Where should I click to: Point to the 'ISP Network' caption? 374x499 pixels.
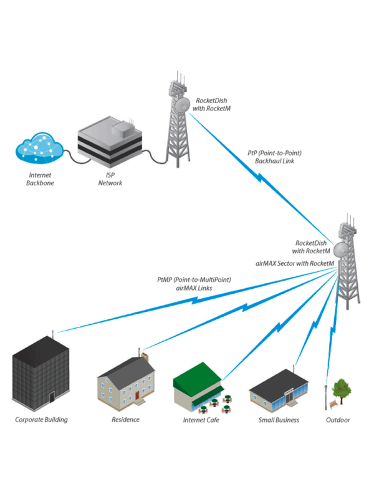111,179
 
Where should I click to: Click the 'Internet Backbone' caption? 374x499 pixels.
40,179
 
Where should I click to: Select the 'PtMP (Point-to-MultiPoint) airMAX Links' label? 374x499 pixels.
194,284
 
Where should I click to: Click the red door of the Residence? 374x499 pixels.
137,396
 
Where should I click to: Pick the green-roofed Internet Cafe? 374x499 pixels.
198,387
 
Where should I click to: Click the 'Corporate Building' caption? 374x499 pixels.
41,420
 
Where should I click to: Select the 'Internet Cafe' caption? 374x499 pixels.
201,420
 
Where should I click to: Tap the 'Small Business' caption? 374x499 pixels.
279,420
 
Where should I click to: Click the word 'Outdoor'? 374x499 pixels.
338,420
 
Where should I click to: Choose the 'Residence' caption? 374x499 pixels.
125,420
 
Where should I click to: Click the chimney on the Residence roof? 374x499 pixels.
145,359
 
